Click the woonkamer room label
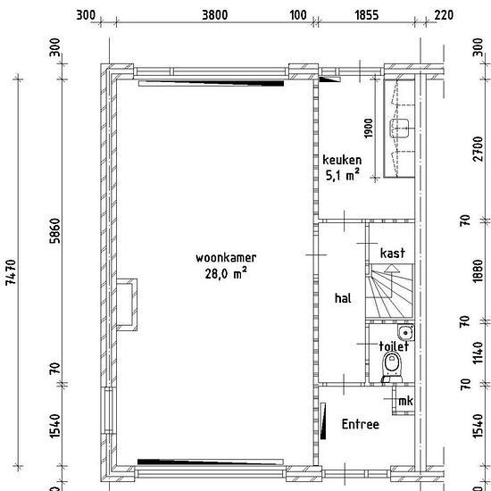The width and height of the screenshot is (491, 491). coord(226,258)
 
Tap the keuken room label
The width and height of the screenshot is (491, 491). coord(342,160)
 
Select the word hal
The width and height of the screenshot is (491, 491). coord(343,298)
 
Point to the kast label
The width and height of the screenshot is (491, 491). coord(393,253)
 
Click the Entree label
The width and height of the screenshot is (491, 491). coord(360,424)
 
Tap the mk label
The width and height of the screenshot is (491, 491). coord(405,401)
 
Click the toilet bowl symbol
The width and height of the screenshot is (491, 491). coord(393,366)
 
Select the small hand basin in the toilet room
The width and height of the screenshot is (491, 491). coord(406,333)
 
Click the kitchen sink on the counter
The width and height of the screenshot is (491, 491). coord(399,128)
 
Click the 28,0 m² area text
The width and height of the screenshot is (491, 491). coord(226,273)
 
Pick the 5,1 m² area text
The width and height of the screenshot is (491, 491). coord(342,175)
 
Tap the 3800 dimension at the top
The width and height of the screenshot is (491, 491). coord(215,14)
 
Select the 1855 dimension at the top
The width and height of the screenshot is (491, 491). coord(367,14)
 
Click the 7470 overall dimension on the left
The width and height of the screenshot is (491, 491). coord(11,271)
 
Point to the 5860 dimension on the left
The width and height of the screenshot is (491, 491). coord(54,231)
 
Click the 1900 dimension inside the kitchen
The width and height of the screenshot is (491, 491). coord(369,128)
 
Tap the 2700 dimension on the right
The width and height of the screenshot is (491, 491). coord(478,149)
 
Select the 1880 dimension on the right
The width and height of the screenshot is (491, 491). coord(478,270)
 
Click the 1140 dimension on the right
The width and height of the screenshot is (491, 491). coord(478,353)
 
